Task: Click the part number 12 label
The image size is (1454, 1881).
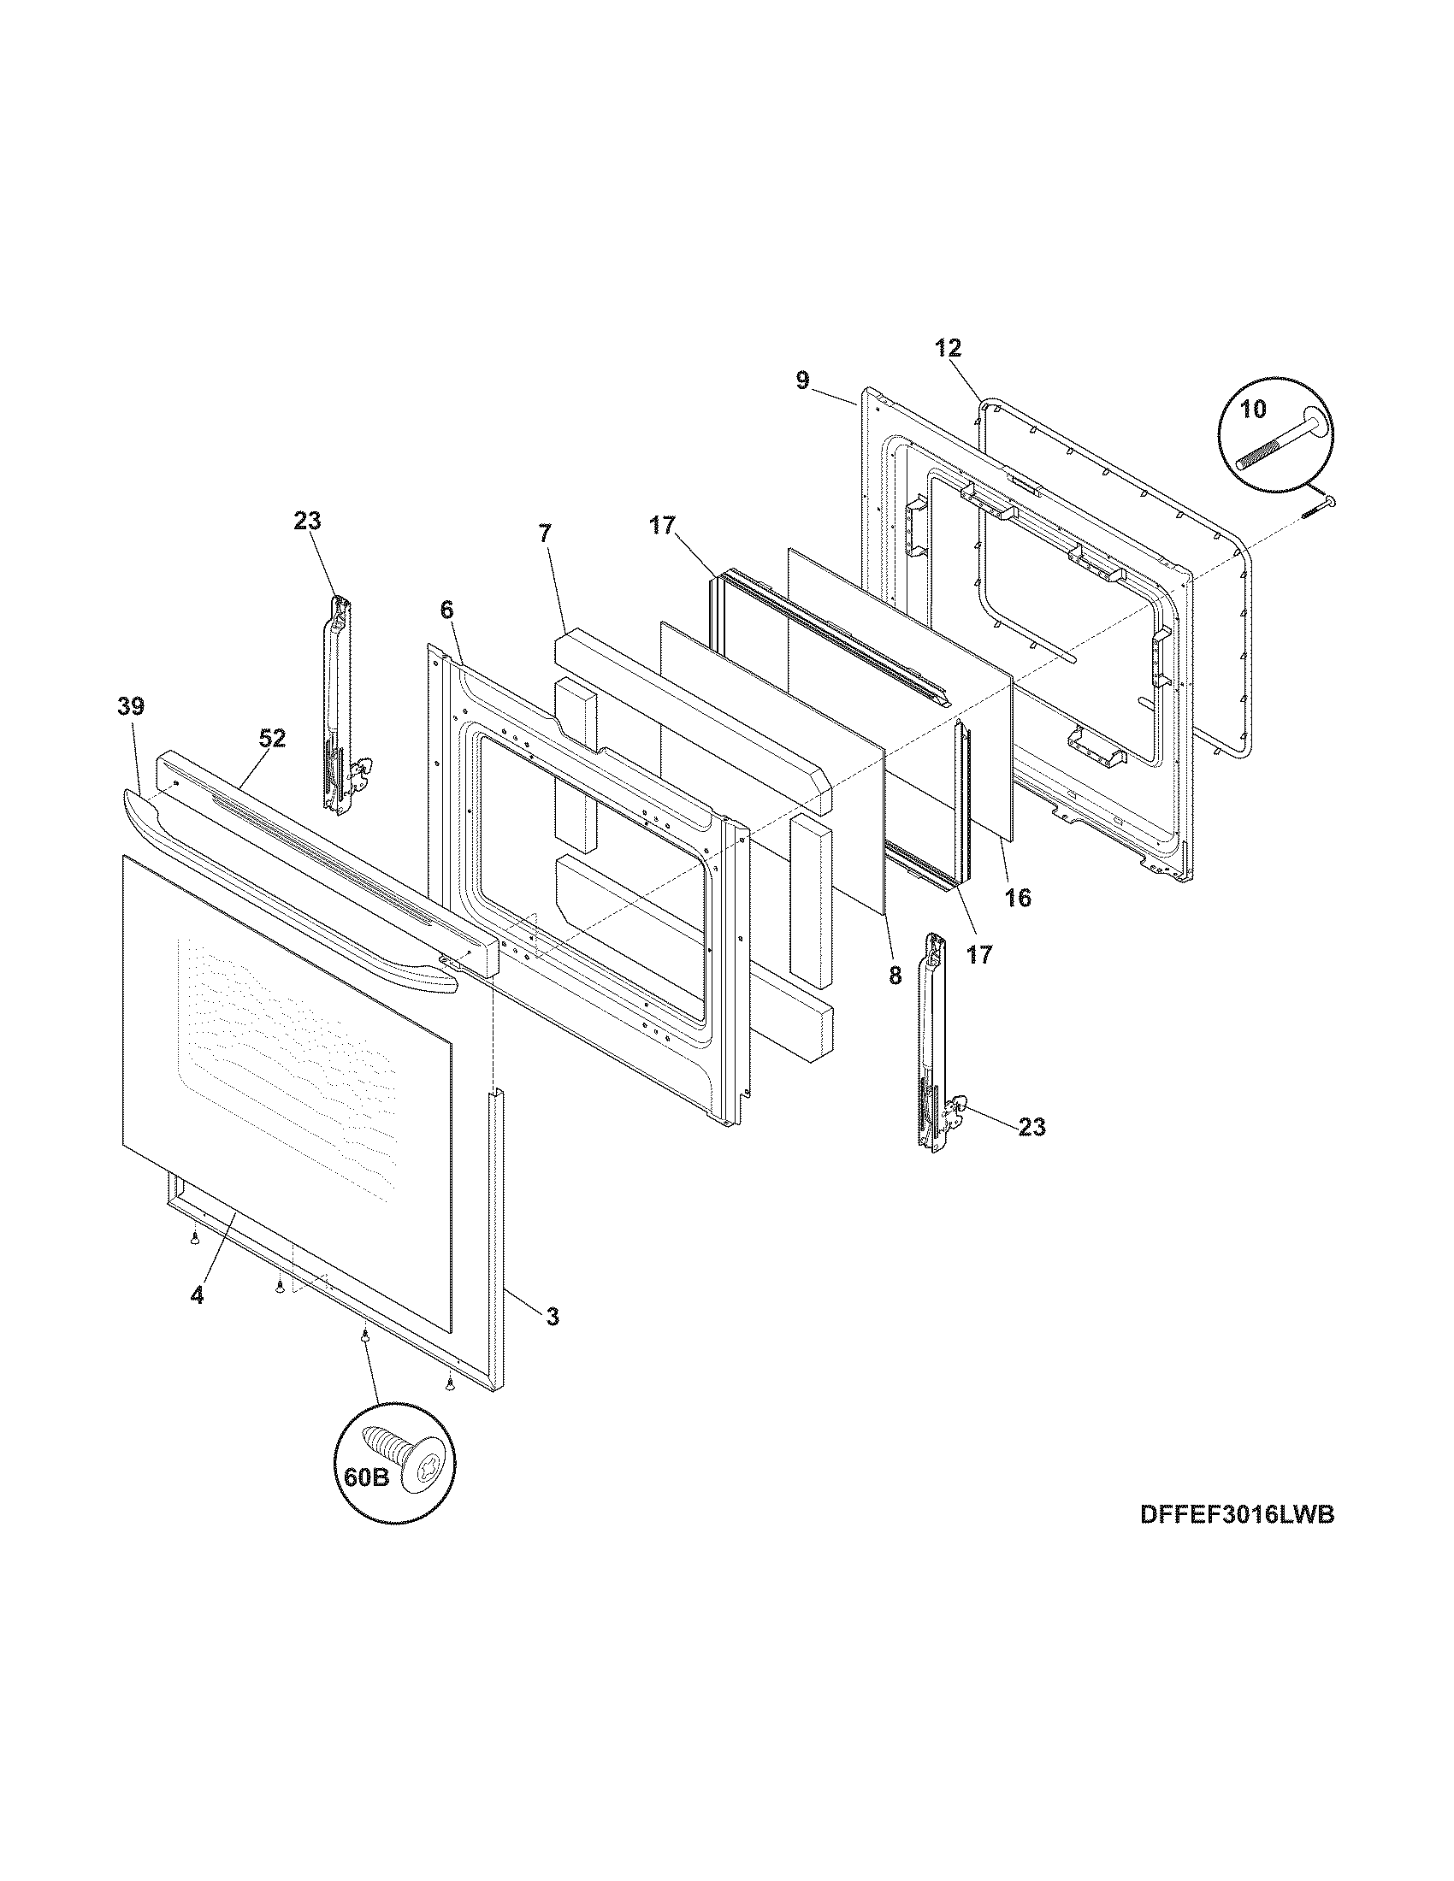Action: (x=949, y=348)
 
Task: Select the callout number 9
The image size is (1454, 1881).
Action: (x=803, y=380)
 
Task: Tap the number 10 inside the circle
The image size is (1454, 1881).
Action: (x=1253, y=409)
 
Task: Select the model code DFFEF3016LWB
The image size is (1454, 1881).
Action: (x=1237, y=1540)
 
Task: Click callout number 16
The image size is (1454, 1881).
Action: (x=1017, y=899)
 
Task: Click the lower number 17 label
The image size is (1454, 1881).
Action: (x=979, y=954)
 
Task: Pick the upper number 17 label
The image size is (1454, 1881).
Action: (x=663, y=525)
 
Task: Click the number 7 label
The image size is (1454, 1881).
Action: (x=544, y=534)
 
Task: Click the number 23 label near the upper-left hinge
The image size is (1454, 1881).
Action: (x=308, y=520)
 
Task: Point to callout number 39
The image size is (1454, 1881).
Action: (x=131, y=706)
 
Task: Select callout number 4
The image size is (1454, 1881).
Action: (x=198, y=1295)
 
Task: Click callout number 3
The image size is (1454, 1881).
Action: (x=552, y=1316)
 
